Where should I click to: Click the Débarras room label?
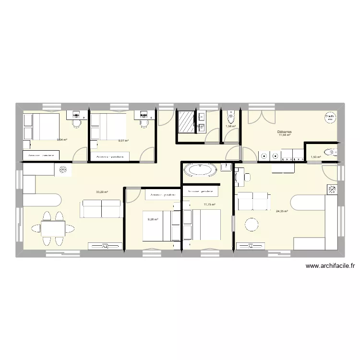click(284, 132)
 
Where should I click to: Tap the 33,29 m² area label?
click(102, 192)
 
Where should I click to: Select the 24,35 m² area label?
click(282, 211)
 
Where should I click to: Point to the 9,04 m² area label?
click(62, 140)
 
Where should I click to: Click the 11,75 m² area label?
click(210, 205)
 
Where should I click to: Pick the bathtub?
click(200, 169)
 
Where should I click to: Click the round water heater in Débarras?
click(329, 117)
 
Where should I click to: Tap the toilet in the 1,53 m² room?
click(330, 153)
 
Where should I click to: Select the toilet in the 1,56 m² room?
click(231, 117)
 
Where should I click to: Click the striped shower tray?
click(185, 120)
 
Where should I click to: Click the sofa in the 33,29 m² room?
click(102, 209)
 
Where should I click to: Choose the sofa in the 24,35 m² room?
click(253, 201)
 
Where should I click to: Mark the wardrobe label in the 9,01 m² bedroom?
click(110, 156)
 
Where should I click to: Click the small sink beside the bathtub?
click(225, 166)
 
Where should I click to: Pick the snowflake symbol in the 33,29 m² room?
click(63, 169)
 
